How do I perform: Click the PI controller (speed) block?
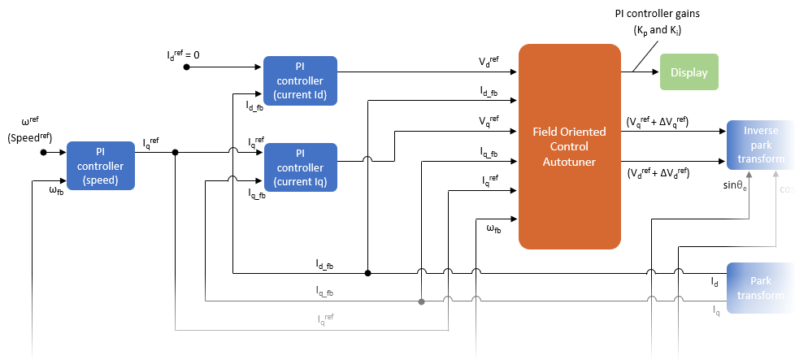101,166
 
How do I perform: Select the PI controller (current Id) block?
300,80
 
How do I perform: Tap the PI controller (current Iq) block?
300,167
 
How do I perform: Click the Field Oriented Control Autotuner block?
569,146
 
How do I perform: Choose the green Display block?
689,72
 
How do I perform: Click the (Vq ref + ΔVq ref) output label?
658,122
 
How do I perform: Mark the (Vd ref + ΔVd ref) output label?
658,173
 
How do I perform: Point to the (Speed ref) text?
29,137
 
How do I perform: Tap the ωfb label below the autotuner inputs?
493,230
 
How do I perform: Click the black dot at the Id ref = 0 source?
186,67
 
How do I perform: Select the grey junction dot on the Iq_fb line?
422,301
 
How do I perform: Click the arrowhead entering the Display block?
654,72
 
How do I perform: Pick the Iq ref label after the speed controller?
150,143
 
